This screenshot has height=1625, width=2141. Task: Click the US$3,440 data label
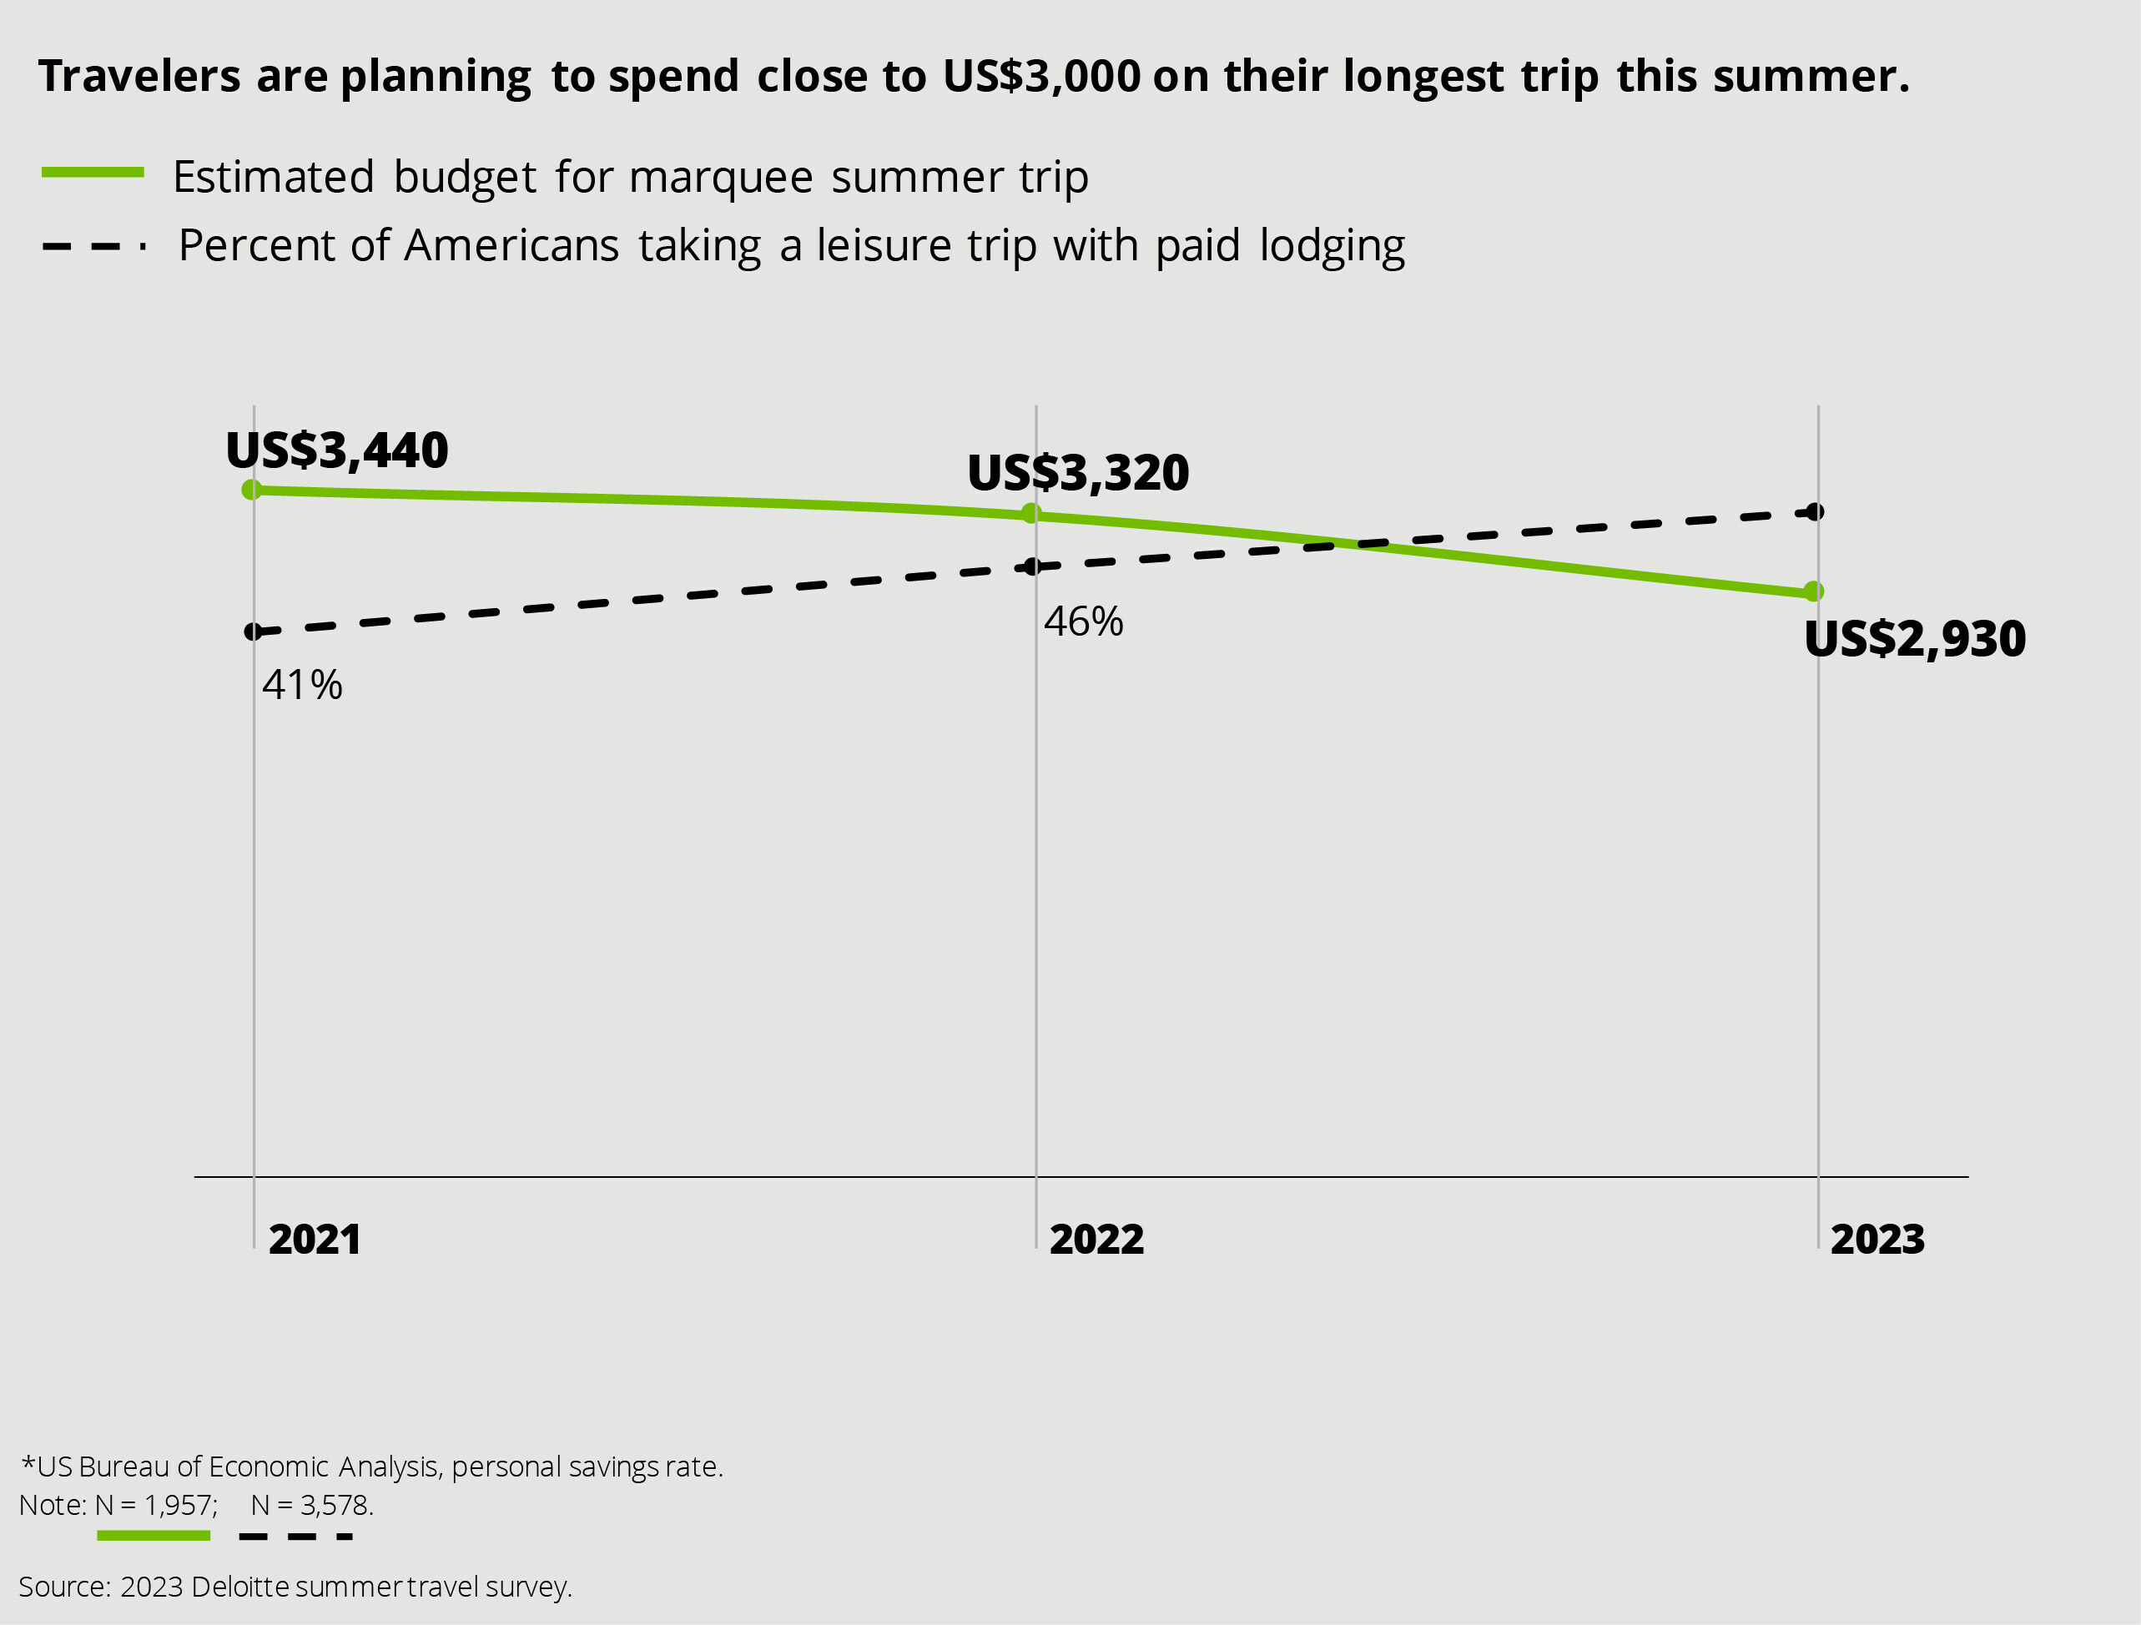(337, 451)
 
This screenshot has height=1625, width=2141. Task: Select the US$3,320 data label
(1078, 473)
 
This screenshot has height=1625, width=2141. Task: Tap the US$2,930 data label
(1915, 640)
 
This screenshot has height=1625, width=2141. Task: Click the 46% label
(1083, 622)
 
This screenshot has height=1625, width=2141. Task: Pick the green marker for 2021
(252, 490)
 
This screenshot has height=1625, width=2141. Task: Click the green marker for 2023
(1814, 591)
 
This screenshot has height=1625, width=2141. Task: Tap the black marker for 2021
(253, 632)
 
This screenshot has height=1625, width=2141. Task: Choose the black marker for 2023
(1815, 512)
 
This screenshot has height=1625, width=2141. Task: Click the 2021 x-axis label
(315, 1240)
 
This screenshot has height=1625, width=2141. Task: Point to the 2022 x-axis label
(1096, 1240)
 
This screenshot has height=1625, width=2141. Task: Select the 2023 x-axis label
(1877, 1240)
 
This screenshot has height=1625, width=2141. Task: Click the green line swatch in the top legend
(93, 174)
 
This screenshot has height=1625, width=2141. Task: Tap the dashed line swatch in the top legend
(93, 247)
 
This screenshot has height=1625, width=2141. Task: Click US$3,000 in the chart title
(1041, 78)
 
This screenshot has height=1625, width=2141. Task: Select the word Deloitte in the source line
(240, 1587)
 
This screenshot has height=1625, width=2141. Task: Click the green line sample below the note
(154, 1536)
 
